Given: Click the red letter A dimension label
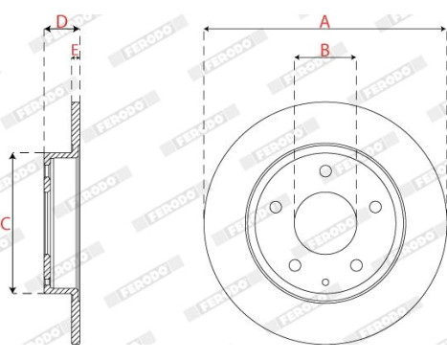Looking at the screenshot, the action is pos(324,22).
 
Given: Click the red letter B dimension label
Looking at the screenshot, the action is pos(324,51).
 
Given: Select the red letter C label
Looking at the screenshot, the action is pos(6,224).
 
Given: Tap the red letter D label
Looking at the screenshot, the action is pos(62,22).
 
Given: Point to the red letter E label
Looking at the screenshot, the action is pos(75,51).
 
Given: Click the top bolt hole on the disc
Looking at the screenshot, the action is pos(325,171).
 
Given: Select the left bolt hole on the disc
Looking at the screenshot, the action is pos(276,207).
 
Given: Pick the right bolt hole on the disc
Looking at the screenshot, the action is pos(375,207).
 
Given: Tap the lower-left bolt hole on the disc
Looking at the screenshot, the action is pos(295,265).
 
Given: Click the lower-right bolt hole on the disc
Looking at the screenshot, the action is pos(356,265).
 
